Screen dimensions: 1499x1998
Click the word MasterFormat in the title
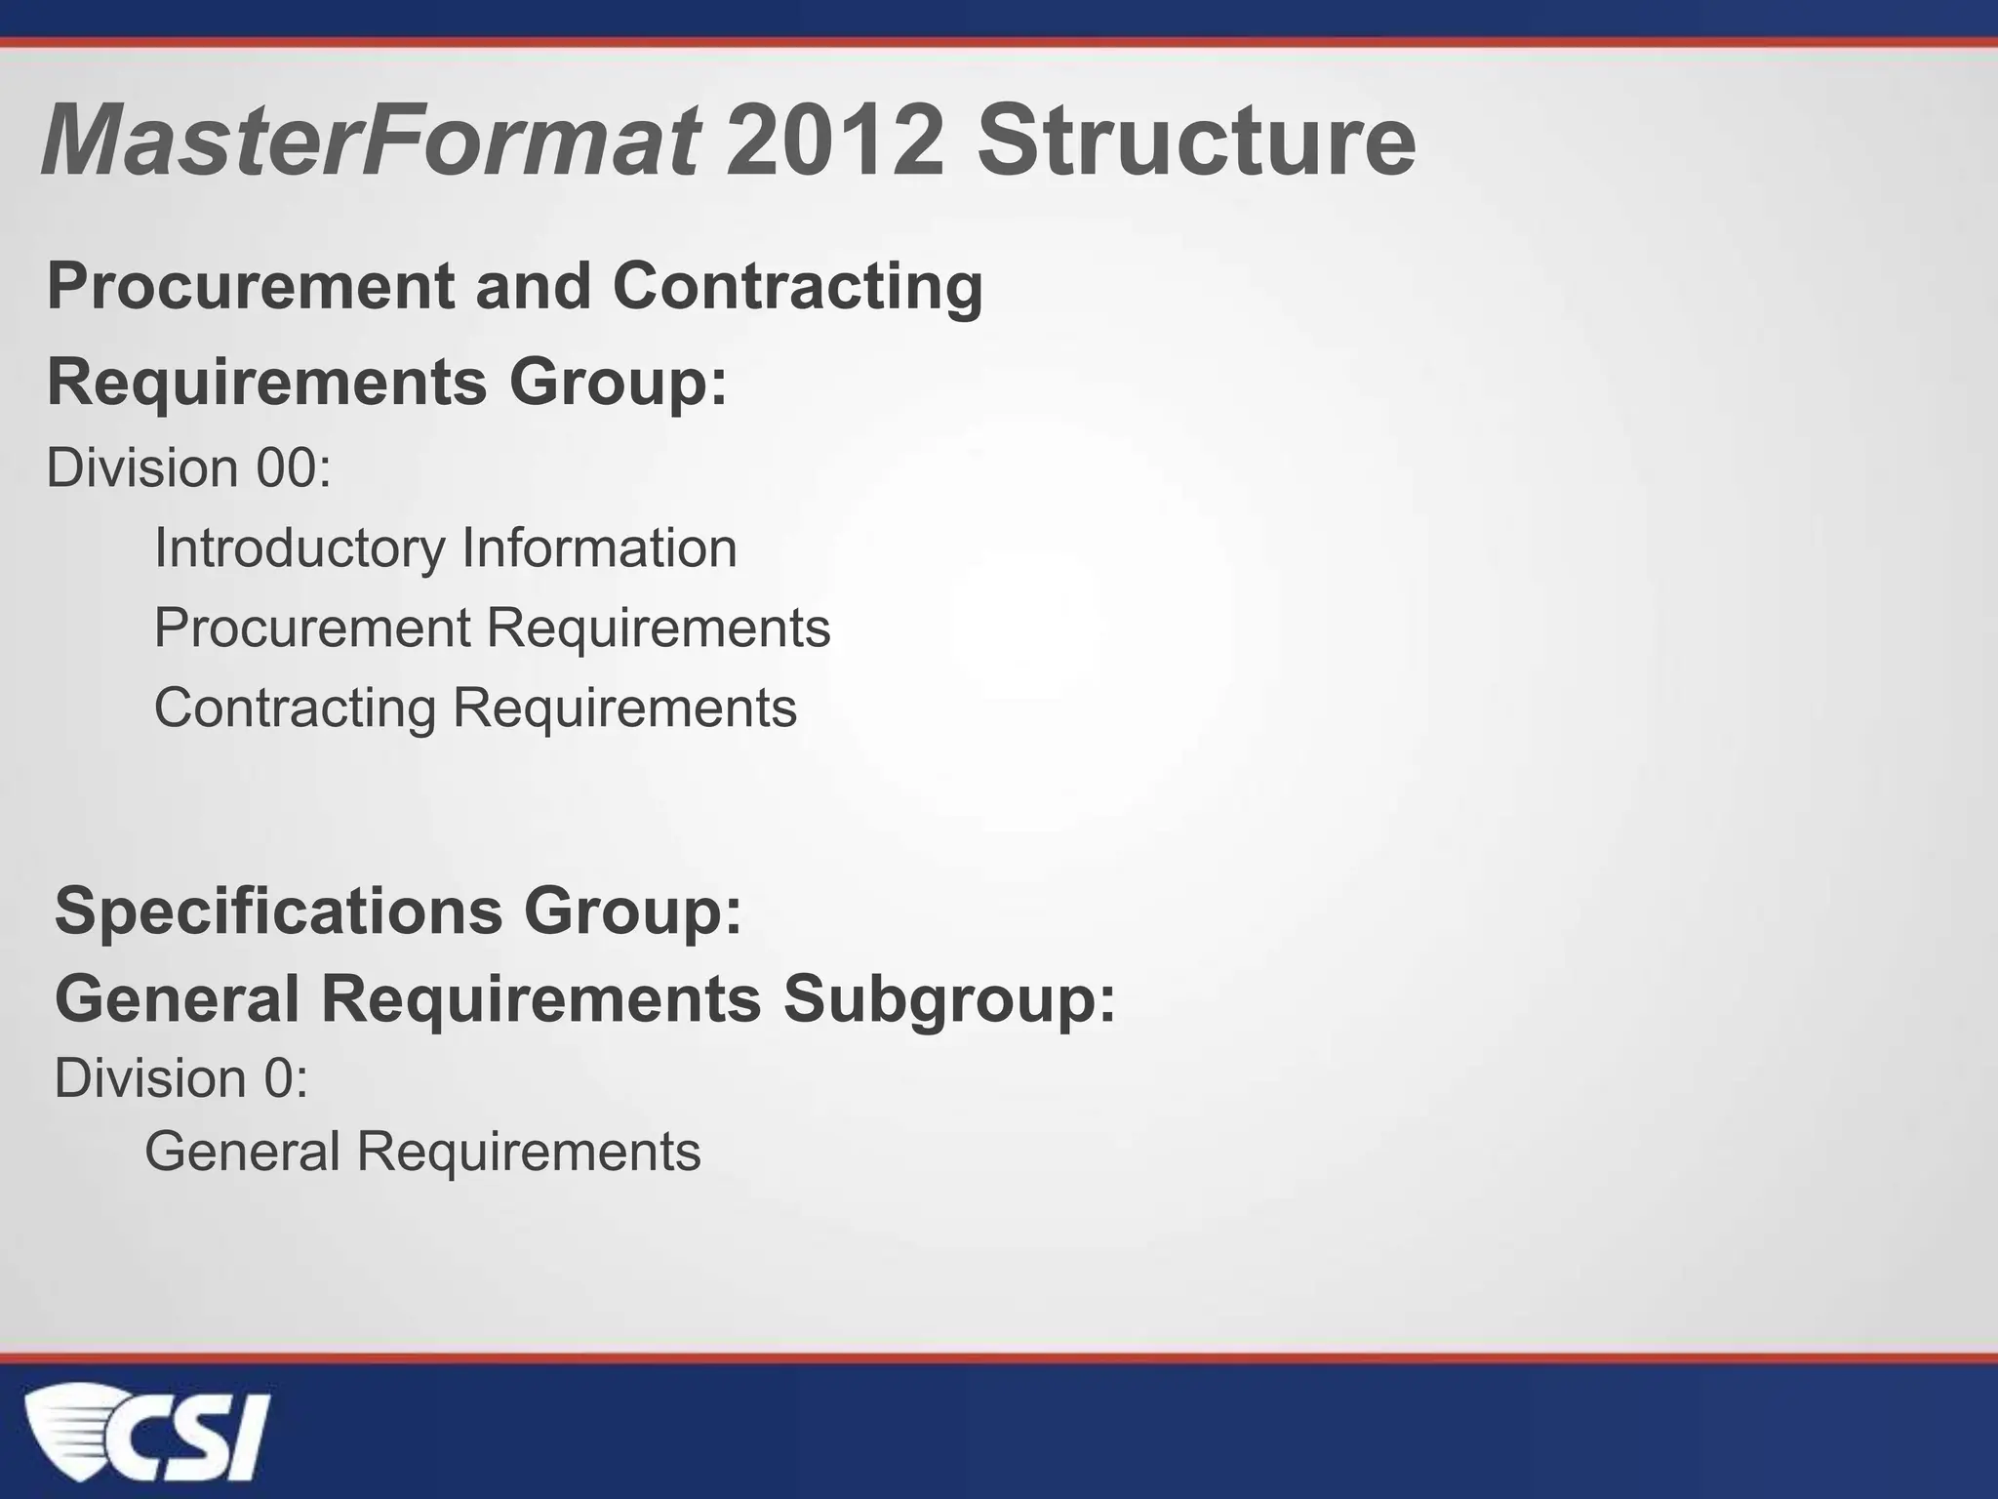coord(369,142)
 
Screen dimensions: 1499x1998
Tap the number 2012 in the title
coord(835,142)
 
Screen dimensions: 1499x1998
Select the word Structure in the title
coord(1196,142)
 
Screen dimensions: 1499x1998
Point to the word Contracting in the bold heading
coord(797,288)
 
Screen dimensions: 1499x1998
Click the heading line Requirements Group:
coord(387,382)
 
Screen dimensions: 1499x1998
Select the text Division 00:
coord(189,467)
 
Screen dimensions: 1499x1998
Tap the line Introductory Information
coord(445,547)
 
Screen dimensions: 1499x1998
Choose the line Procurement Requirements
coord(492,628)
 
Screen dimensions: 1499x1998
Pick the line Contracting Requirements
coord(475,708)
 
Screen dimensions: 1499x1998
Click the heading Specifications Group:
coord(398,911)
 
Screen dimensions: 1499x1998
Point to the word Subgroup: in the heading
coord(949,999)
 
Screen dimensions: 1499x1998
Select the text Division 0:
coord(181,1078)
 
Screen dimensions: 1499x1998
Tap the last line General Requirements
coord(422,1152)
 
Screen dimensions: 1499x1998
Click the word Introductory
coord(300,547)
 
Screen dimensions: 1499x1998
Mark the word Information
coord(599,547)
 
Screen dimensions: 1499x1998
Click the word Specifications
coord(279,911)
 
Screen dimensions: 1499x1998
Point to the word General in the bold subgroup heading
coord(177,999)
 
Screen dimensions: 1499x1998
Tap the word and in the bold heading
coord(533,288)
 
